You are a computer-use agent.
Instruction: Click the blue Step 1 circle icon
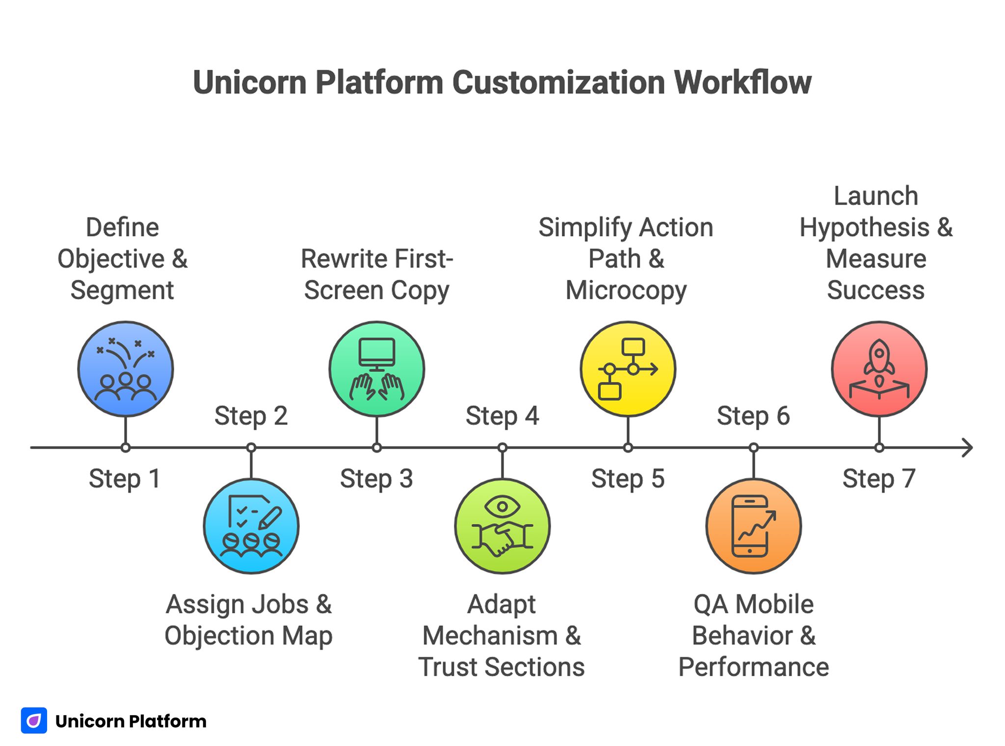point(126,369)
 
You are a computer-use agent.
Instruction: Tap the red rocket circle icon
point(879,369)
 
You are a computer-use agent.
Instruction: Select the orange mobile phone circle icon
point(754,526)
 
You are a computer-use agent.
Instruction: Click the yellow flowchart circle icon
point(628,369)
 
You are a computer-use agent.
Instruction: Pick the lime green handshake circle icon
point(502,526)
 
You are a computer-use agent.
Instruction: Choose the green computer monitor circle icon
point(377,369)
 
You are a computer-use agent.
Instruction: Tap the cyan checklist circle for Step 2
point(251,526)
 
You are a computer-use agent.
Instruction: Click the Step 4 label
point(502,416)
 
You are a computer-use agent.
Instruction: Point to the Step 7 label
point(879,479)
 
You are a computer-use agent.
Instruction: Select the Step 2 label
point(251,416)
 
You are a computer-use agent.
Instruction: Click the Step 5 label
point(628,479)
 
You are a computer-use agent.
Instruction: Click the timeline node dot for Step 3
point(377,448)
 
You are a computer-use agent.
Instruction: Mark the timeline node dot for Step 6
point(754,448)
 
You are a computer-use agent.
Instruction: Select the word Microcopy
point(626,290)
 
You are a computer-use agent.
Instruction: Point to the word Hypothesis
point(865,228)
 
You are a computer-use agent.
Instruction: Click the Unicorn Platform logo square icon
point(34,720)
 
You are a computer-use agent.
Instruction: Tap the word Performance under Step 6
point(754,667)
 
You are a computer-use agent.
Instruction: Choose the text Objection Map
point(248,636)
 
